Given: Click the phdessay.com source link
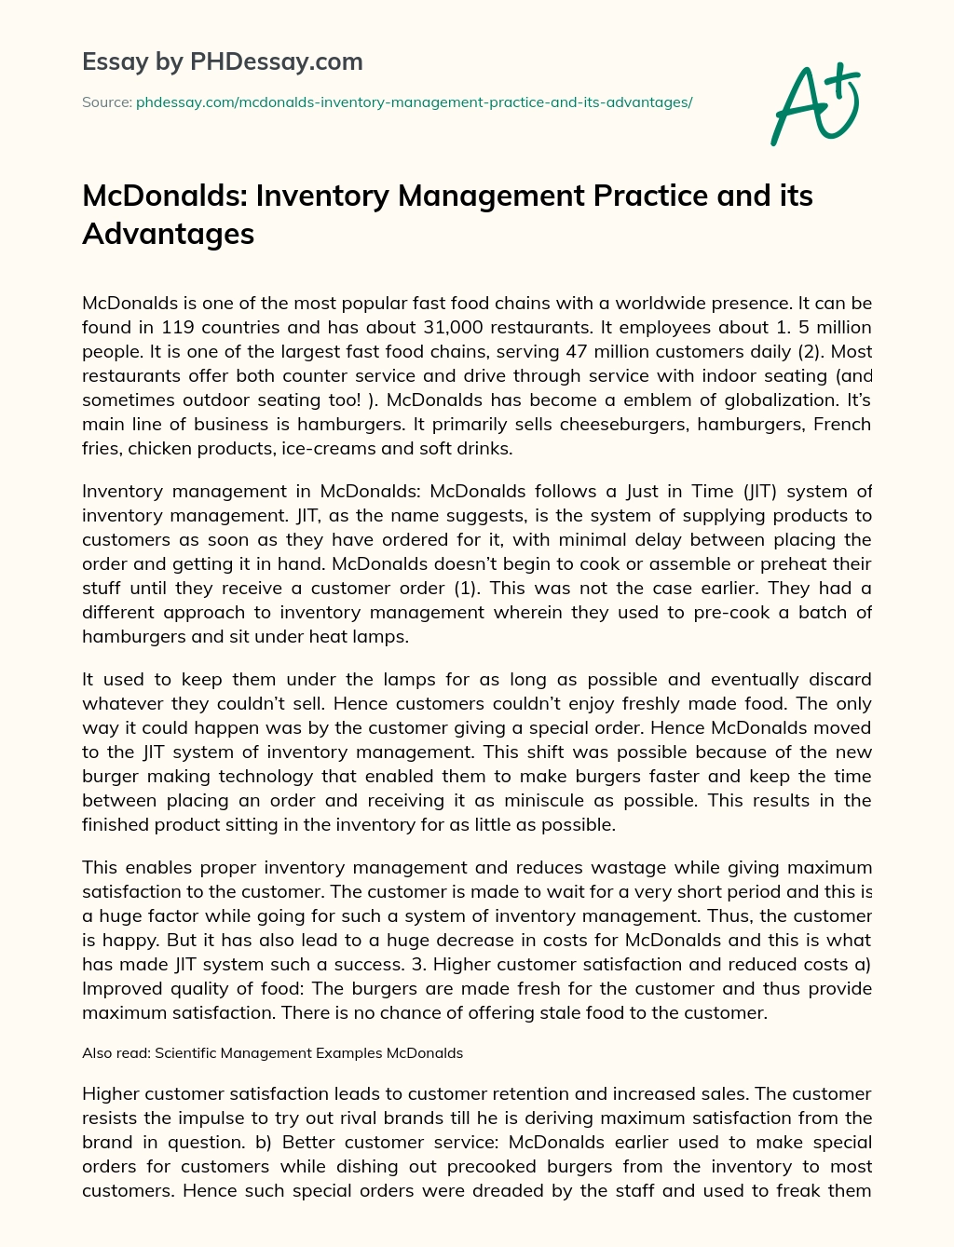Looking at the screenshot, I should pos(414,102).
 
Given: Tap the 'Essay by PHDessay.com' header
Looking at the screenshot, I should pos(223,62).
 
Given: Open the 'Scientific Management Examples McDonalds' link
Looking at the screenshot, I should pos(308,1053).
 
